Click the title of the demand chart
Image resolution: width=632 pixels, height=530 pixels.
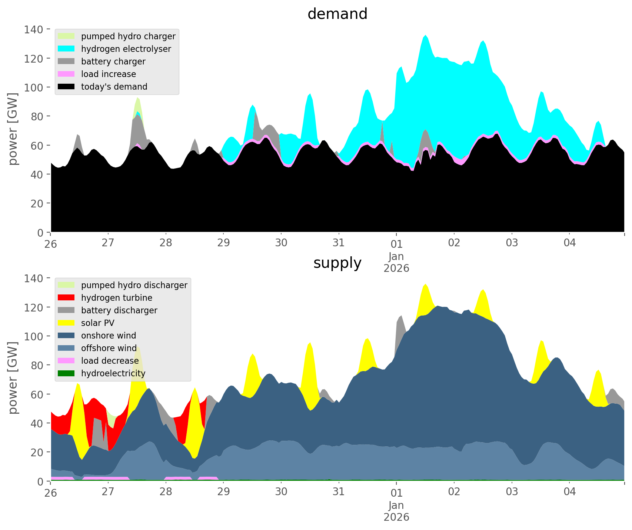tap(337, 14)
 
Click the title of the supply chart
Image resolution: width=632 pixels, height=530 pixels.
tap(337, 263)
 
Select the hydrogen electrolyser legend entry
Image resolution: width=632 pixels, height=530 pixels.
tap(126, 49)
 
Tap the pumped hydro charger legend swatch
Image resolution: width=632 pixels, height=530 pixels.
tap(66, 36)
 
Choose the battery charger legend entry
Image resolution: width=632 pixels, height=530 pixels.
tap(113, 61)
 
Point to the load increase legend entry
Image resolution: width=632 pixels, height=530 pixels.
tap(108, 74)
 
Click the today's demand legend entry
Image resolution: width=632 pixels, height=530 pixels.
tap(114, 87)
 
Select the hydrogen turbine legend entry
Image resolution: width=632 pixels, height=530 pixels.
tap(116, 298)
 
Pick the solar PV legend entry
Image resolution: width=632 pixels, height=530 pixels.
tap(97, 323)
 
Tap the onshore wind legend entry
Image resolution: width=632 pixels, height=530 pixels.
tap(109, 336)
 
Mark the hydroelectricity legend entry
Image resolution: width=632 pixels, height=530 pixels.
tap(113, 373)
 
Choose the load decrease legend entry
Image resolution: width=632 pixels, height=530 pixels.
tap(110, 361)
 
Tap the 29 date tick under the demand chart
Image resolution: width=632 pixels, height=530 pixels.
tap(223, 243)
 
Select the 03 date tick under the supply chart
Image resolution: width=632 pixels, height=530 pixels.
tap(512, 492)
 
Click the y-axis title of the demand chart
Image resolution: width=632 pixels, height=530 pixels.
tap(13, 129)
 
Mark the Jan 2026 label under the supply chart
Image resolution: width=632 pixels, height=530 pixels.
tap(396, 511)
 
